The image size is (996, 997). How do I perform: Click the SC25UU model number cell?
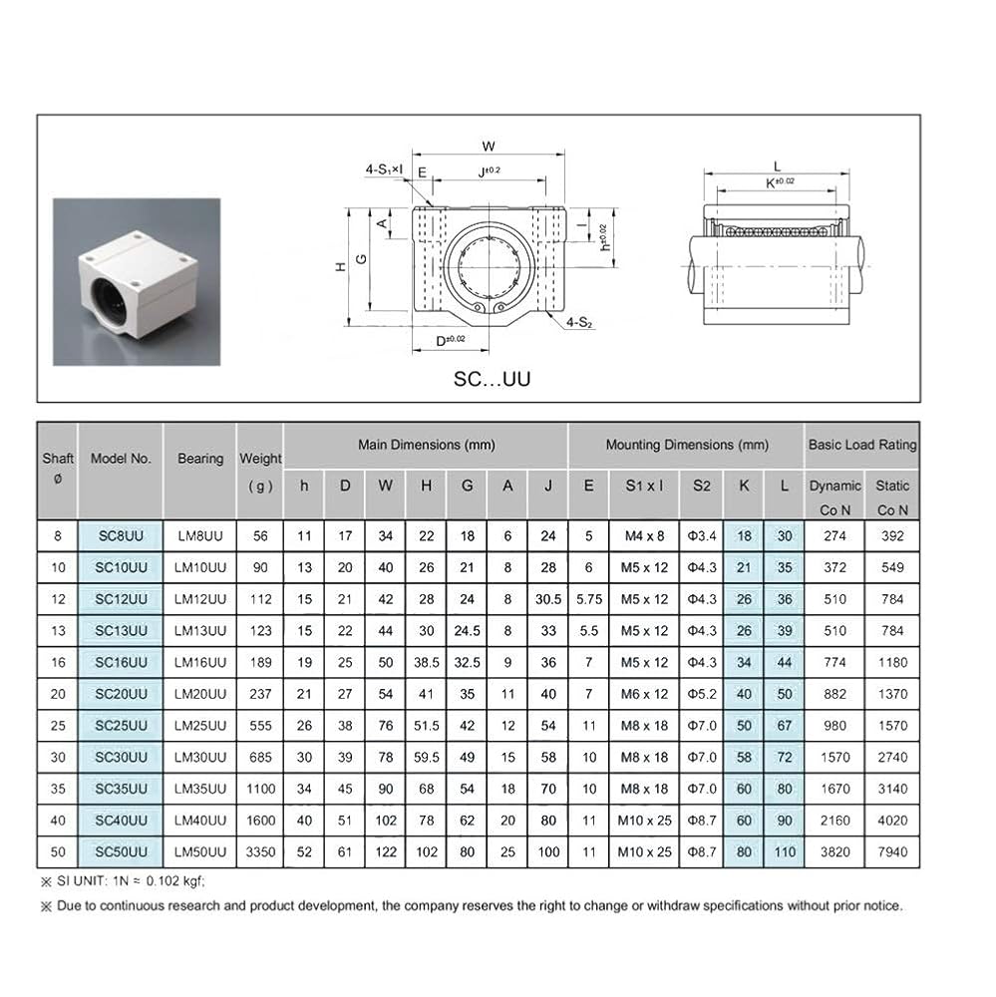click(121, 726)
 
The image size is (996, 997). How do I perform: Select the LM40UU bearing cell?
click(200, 821)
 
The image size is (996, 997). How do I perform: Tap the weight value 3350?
click(261, 852)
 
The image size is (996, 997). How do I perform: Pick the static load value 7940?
click(892, 852)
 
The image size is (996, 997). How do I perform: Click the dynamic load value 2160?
click(835, 821)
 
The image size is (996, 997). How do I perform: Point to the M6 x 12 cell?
click(644, 694)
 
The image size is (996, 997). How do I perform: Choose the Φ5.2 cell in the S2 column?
click(702, 694)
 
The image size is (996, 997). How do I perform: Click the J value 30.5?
click(548, 599)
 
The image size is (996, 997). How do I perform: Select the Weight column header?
click(261, 472)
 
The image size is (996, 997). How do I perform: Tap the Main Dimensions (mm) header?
click(426, 445)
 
